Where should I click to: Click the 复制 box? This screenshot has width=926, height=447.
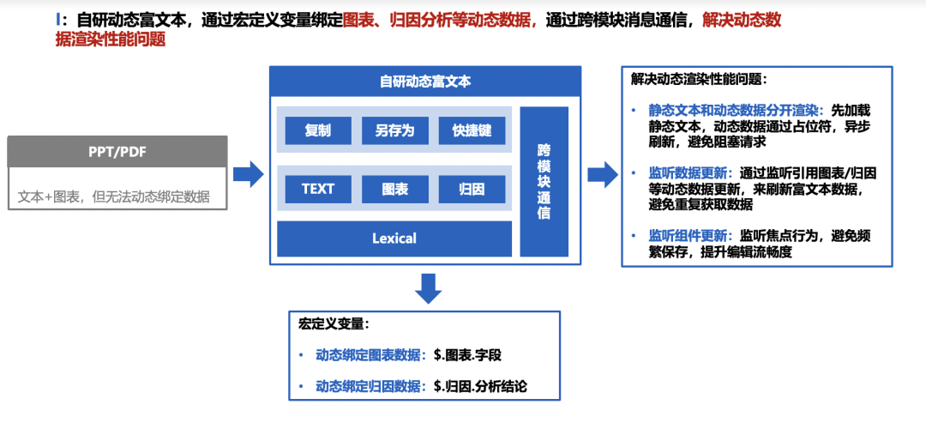coord(318,130)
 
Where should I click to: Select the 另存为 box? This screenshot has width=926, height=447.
coord(394,130)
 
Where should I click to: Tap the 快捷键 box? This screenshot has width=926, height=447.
coord(472,130)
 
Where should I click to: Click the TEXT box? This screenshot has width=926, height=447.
coord(318,189)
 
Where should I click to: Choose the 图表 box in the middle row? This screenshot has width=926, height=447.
coord(394,189)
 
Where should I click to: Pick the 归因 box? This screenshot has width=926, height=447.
coord(472,189)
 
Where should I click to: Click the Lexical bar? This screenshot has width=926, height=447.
coord(394,239)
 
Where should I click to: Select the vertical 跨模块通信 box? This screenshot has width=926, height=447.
coord(544,181)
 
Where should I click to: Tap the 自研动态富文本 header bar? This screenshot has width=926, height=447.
coord(425,82)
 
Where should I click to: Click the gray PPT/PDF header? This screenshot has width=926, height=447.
coord(117,152)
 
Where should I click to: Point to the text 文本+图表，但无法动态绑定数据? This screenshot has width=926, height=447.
coord(114,196)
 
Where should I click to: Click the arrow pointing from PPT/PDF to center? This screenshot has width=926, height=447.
coord(248,174)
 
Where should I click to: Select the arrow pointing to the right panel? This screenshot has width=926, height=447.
coord(603,174)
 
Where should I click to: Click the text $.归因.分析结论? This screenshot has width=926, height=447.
coord(480,386)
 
